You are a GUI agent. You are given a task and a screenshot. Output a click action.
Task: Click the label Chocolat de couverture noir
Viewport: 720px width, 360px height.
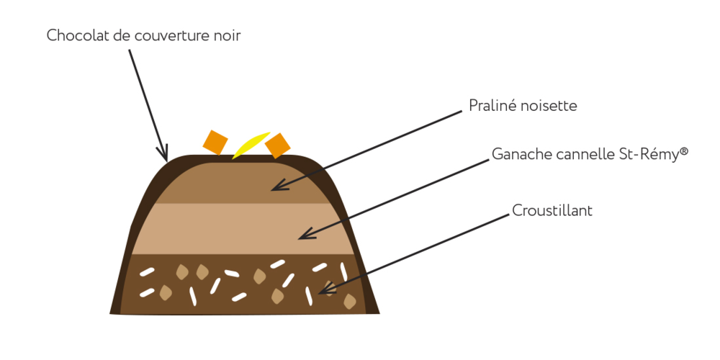[143, 35]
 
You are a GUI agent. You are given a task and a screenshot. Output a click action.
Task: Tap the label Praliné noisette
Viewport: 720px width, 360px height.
[523, 106]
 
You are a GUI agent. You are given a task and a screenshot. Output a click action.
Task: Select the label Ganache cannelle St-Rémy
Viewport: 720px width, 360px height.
[590, 154]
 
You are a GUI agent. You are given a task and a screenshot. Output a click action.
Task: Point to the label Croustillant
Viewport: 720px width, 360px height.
[552, 210]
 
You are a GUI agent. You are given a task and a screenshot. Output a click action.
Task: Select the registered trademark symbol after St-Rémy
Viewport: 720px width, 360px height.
[684, 151]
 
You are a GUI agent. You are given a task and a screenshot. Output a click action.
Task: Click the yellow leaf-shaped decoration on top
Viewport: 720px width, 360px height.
[251, 144]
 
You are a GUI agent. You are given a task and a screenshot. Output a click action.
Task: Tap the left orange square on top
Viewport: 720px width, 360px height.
[215, 141]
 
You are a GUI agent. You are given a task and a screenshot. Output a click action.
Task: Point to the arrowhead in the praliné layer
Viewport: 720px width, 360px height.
[275, 188]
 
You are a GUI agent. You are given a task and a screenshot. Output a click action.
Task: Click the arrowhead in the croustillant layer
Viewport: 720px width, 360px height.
[323, 291]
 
